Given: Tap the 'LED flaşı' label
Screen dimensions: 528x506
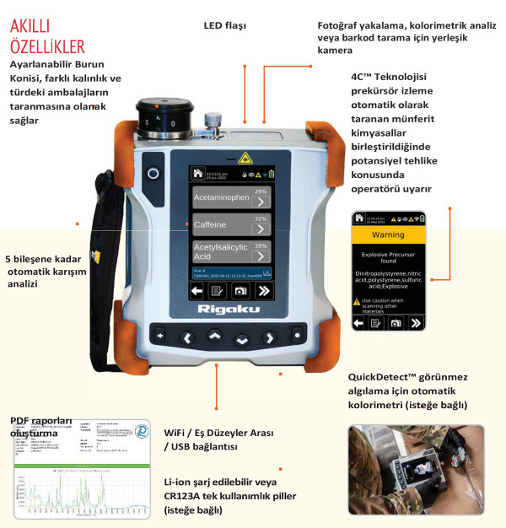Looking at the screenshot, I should [224, 26].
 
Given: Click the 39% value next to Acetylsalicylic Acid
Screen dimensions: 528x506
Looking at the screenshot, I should [261, 245].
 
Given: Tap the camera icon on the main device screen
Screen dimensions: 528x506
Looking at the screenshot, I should [243, 289].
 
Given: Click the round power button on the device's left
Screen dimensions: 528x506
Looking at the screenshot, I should [153, 173].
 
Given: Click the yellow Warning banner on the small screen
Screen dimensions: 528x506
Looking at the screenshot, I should [389, 234].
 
